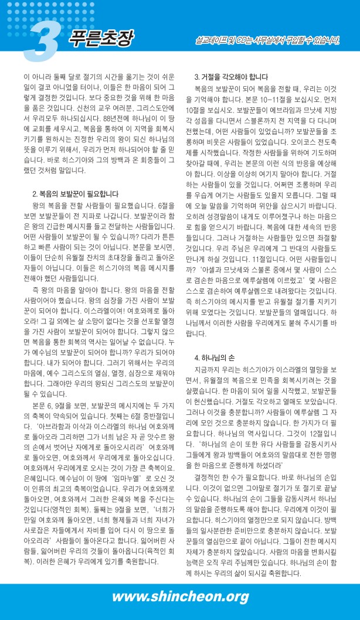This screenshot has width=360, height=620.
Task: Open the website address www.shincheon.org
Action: pos(181,597)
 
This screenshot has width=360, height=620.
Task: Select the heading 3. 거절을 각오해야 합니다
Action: pos(231,77)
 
